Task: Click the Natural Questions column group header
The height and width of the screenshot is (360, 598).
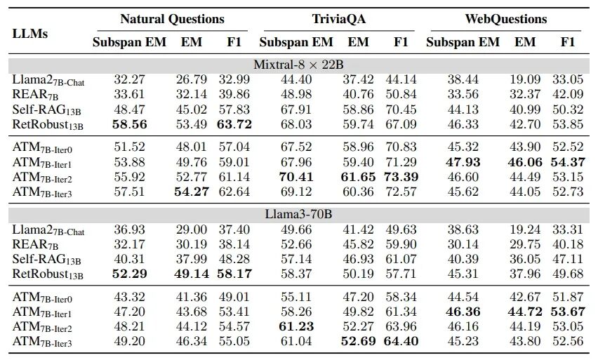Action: click(172, 19)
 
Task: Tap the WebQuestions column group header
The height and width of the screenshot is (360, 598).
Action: click(505, 19)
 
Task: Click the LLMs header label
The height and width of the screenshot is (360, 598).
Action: click(30, 32)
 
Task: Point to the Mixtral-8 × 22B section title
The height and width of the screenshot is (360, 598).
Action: click(299, 64)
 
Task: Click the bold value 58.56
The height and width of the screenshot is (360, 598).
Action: click(129, 125)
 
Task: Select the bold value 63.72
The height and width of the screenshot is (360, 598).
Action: click(234, 125)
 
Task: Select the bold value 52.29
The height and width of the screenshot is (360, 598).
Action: click(129, 273)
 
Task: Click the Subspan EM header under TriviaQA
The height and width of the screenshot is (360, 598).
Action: click(296, 42)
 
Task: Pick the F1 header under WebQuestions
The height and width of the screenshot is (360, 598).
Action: click(567, 42)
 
